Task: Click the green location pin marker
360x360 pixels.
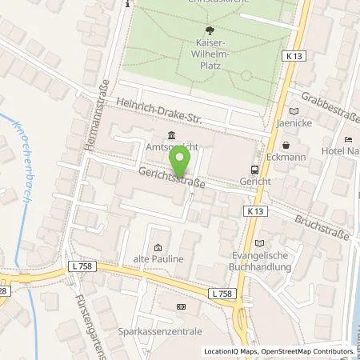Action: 181,163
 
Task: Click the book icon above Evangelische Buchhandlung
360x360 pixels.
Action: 258,243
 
